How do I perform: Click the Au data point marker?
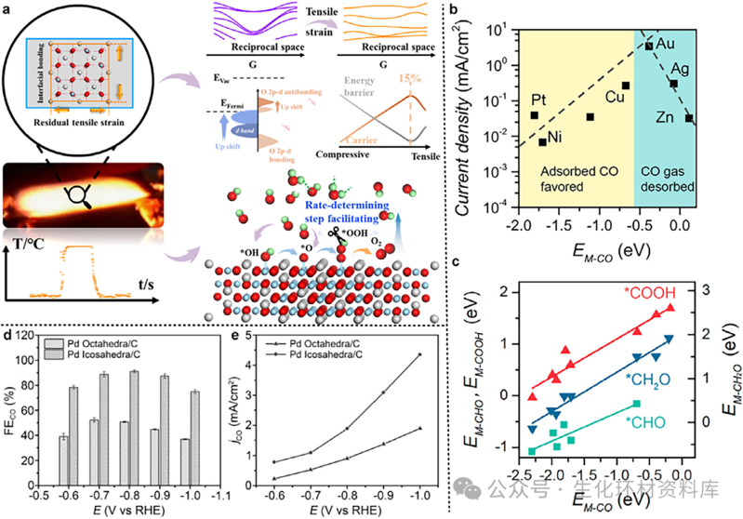[649, 46]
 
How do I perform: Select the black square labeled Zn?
[688, 118]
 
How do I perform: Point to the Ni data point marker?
[543, 141]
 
